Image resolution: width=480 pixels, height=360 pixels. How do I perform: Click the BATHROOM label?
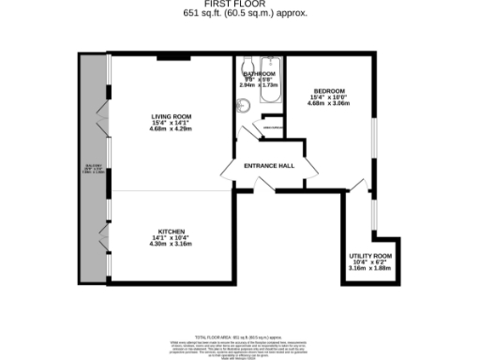coord(259,73)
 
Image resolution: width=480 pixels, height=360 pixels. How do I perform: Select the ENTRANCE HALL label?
coord(269,167)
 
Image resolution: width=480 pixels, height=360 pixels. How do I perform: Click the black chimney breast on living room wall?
coord(170,59)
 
